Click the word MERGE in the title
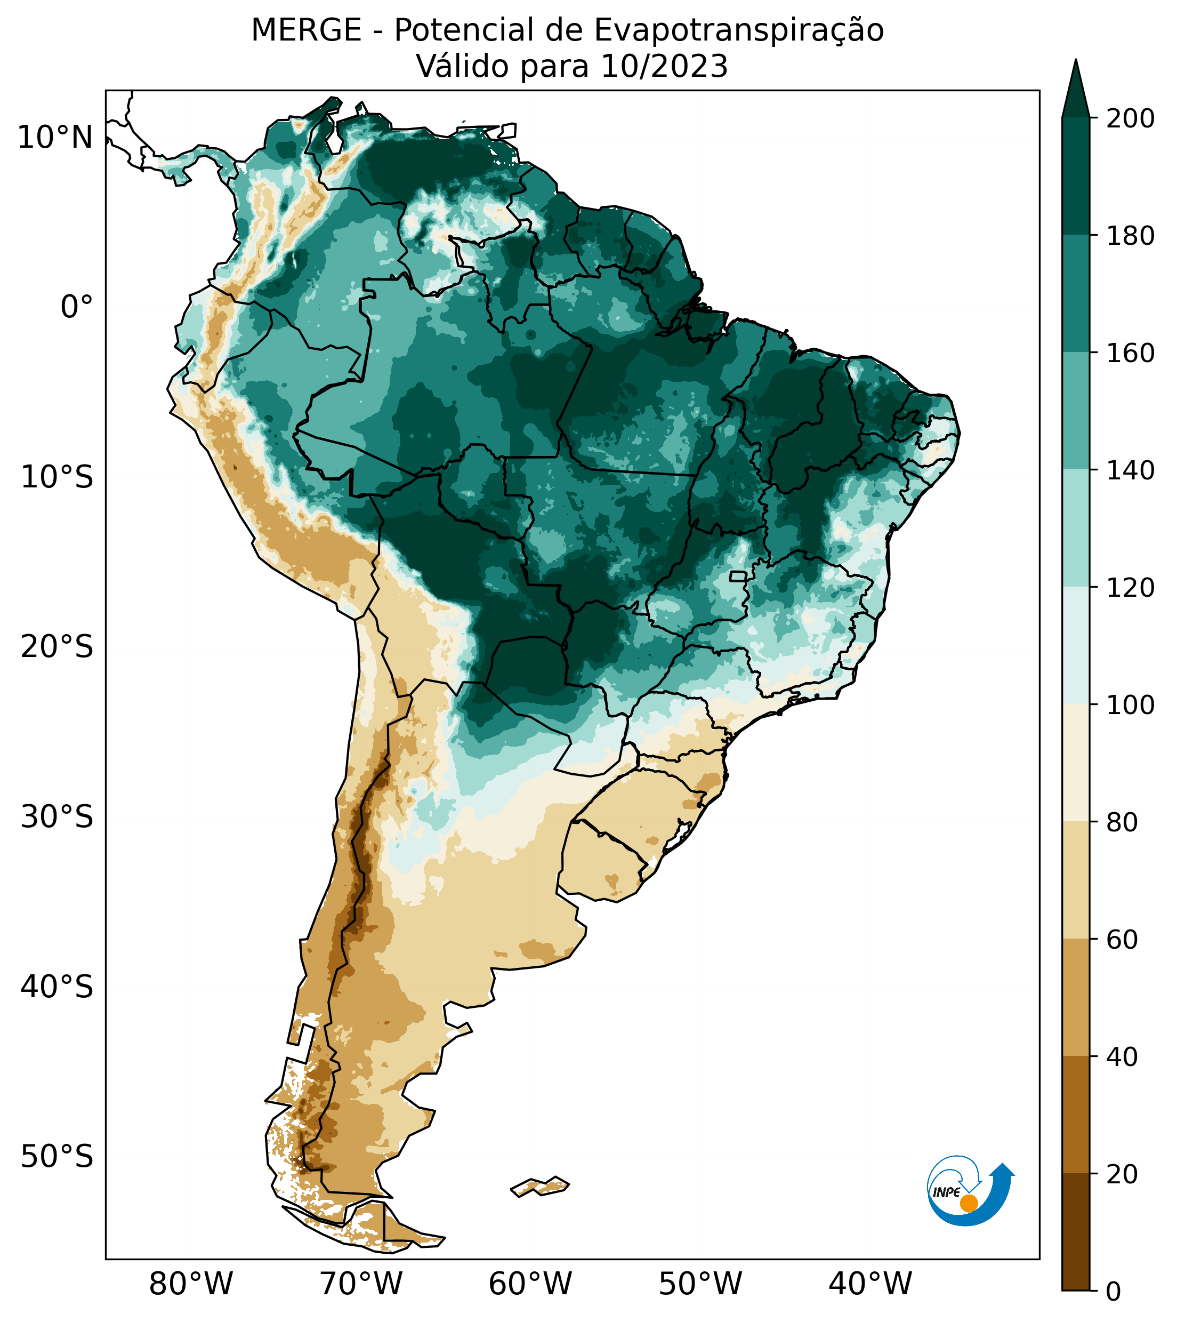pos(305,30)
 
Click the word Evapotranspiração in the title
pos(738,30)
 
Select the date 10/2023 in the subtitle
pos(664,67)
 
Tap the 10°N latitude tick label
pos(55,138)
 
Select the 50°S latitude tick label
pos(57,1157)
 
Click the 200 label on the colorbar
pos(1130,119)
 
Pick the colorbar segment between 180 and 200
pos(1075,177)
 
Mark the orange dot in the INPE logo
pos(969,1203)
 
